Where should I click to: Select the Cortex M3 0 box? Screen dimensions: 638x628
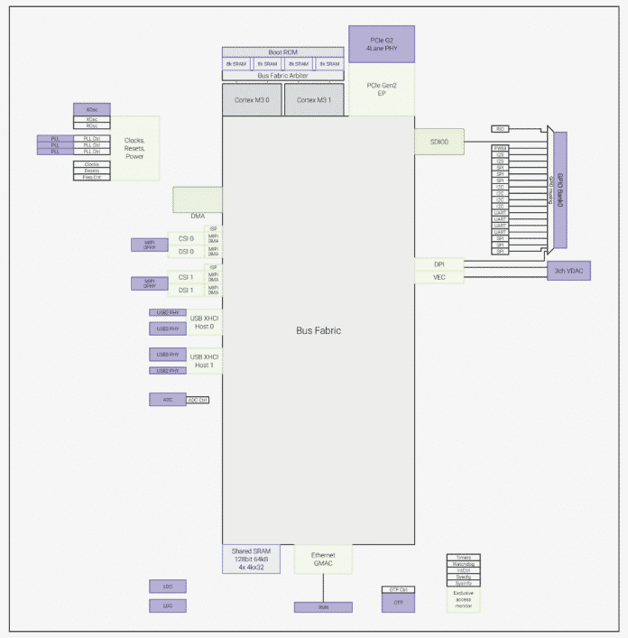[252, 99]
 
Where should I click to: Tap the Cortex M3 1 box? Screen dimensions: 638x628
[313, 99]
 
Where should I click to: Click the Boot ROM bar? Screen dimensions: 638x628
[283, 52]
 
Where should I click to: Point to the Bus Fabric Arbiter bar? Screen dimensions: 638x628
[283, 76]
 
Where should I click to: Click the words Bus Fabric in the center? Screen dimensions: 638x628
[319, 330]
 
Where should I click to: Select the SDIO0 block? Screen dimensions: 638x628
[439, 141]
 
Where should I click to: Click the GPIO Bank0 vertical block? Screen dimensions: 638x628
[559, 190]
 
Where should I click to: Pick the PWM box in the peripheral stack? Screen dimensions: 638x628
[500, 148]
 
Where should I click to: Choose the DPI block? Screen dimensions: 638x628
[439, 264]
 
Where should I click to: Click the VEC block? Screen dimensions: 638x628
[439, 277]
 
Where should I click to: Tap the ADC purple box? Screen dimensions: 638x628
[168, 399]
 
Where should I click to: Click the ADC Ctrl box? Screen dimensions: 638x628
[198, 399]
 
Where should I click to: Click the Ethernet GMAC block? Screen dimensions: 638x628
[323, 559]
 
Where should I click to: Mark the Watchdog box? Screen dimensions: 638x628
[464, 565]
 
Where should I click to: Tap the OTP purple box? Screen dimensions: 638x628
[398, 600]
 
